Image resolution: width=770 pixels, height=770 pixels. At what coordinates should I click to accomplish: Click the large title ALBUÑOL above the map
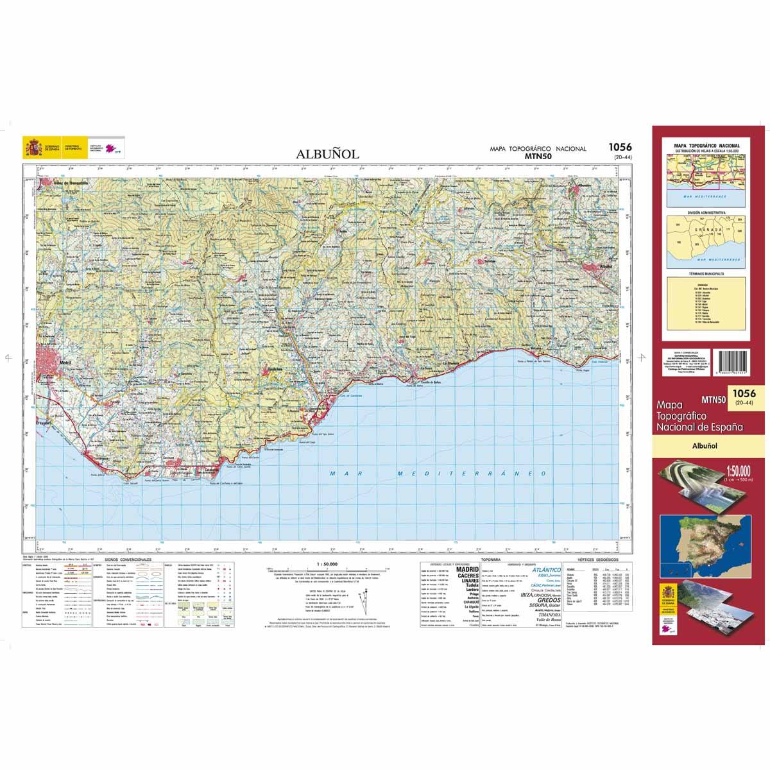coord(328,154)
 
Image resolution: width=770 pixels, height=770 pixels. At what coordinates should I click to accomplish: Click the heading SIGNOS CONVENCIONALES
coord(132,560)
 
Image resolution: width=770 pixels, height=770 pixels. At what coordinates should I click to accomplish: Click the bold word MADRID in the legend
coord(466,569)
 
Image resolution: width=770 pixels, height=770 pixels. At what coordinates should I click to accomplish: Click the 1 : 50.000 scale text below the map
coord(327,563)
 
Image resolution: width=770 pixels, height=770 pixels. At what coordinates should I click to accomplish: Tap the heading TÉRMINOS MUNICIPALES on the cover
coord(705,274)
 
